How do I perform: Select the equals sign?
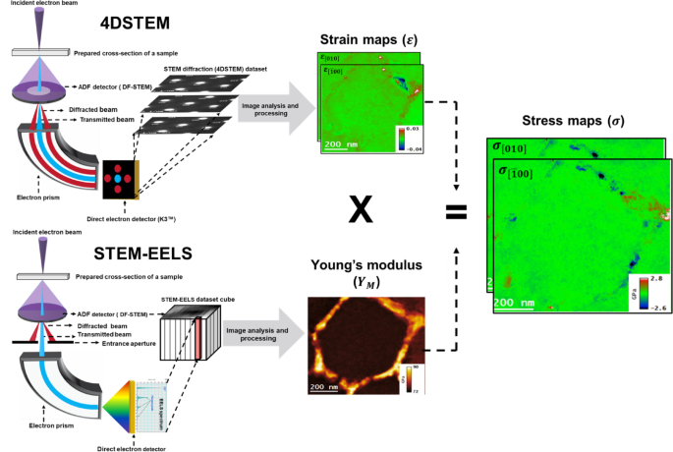click(x=457, y=210)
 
